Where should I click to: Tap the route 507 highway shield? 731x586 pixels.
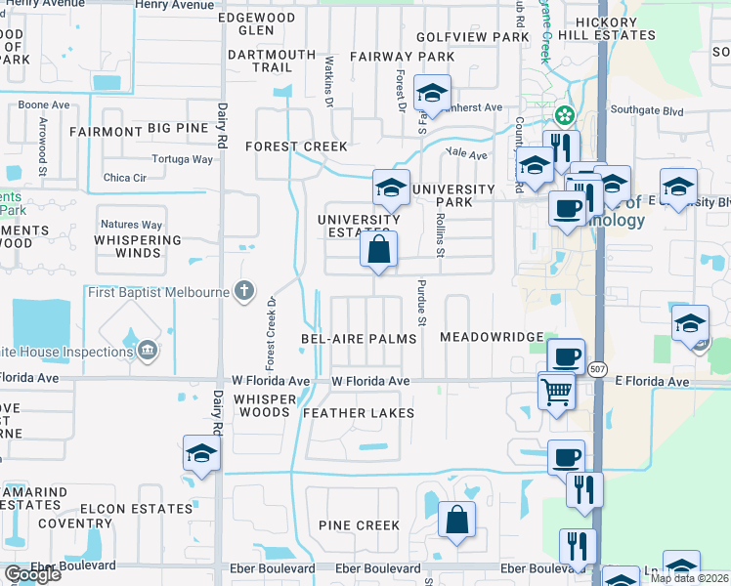point(598,367)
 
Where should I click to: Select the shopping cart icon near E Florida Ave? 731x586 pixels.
point(556,392)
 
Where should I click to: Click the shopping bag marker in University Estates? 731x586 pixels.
point(378,249)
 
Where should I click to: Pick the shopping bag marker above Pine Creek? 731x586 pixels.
point(456,520)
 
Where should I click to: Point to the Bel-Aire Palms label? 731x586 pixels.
point(359,338)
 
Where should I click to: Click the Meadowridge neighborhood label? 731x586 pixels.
point(491,337)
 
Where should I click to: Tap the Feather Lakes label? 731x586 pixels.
point(359,413)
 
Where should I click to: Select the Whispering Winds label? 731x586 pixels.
point(138,246)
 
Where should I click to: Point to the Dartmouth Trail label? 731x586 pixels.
point(272,62)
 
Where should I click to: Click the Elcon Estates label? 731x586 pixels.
point(136,509)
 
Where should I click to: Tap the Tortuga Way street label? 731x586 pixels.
point(183,159)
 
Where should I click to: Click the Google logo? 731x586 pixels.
point(32,574)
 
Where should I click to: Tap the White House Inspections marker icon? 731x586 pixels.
point(147,350)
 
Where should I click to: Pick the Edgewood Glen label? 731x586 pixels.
point(256,24)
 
